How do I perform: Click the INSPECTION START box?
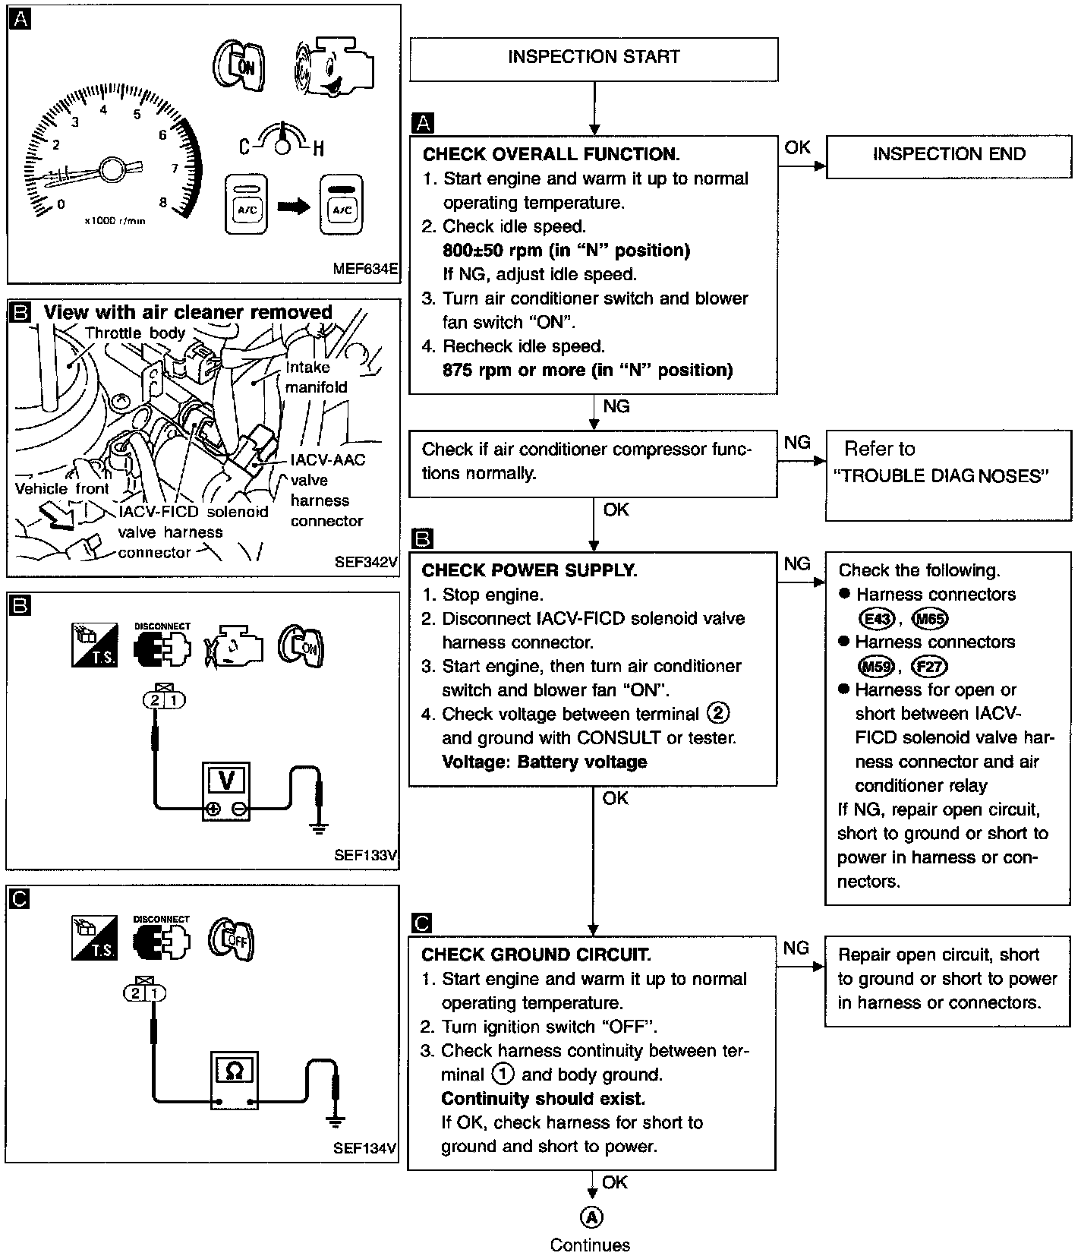594,58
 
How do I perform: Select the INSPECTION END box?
948,155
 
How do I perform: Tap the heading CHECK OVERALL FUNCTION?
551,154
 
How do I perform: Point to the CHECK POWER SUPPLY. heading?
529,570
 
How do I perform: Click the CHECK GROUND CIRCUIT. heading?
536,955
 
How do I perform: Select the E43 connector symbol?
878,618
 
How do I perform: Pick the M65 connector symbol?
930,618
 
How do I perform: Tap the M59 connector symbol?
876,667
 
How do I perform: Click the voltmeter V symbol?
225,780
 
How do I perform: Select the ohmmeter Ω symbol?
235,1071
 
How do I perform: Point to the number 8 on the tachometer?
163,202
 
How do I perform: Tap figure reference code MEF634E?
365,270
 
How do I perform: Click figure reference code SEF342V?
366,563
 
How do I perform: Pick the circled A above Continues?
591,1217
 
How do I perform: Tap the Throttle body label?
135,333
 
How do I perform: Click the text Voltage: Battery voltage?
544,762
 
